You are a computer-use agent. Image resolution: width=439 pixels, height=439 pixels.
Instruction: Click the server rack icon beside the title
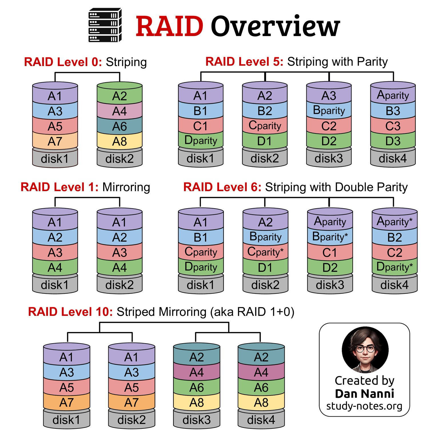[105, 25]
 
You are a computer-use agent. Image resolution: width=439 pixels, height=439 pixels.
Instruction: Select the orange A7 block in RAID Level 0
[55, 141]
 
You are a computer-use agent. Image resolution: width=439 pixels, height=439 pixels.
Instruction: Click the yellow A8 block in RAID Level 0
[119, 141]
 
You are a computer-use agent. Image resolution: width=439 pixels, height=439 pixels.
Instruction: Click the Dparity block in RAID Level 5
[201, 140]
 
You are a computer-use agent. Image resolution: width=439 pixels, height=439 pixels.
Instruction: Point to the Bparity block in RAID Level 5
[329, 110]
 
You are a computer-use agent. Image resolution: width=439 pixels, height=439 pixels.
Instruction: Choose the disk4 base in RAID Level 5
[393, 158]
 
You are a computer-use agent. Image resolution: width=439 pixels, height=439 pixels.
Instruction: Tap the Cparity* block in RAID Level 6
[265, 252]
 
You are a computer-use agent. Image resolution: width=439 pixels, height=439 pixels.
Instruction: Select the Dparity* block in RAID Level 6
[394, 267]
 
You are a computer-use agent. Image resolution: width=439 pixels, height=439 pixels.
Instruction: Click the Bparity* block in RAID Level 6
[330, 237]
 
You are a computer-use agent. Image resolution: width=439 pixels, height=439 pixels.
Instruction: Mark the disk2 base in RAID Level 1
[119, 284]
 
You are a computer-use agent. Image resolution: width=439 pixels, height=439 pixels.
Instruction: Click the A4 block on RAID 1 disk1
[55, 267]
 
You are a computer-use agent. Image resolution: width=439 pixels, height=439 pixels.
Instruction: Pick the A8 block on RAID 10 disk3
[197, 402]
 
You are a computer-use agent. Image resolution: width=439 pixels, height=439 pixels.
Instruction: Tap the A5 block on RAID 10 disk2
[131, 387]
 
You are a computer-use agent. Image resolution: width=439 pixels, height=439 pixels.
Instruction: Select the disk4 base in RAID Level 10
[261, 419]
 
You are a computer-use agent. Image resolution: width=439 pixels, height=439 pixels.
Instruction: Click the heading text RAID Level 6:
[222, 187]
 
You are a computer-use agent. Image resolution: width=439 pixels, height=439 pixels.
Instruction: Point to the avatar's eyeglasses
[365, 349]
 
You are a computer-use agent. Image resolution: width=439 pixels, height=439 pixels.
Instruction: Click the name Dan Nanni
[364, 394]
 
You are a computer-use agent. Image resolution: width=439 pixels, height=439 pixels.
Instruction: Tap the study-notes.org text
[364, 406]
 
